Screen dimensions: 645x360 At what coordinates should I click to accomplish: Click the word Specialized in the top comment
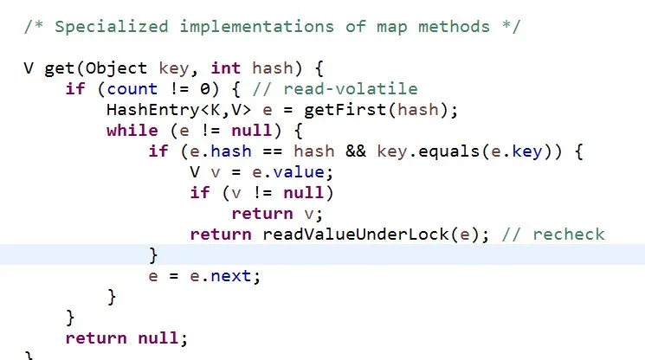(112, 25)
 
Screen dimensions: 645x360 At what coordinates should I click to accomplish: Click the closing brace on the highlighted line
(153, 254)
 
